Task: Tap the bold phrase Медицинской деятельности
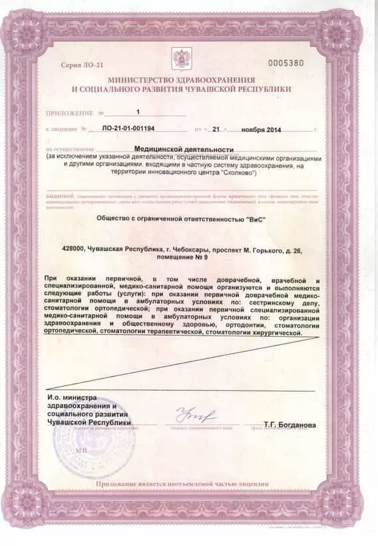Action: click(x=184, y=150)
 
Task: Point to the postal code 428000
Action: click(x=73, y=247)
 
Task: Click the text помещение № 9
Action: click(x=188, y=255)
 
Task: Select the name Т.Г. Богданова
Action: click(x=289, y=424)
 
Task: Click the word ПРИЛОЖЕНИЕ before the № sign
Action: click(x=69, y=113)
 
